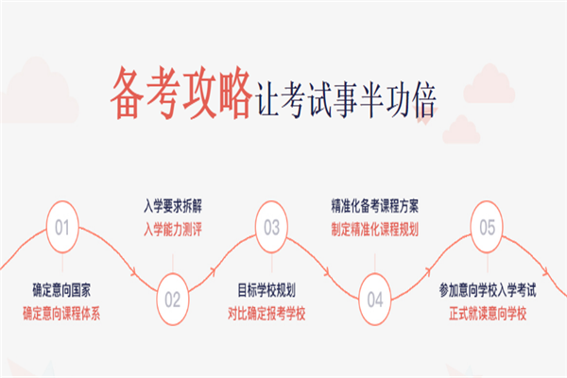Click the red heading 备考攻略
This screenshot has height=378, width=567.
click(180, 93)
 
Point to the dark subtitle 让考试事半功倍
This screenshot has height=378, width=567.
click(346, 99)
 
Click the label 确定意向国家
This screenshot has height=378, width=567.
click(61, 290)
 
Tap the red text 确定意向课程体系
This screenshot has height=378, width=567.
click(61, 313)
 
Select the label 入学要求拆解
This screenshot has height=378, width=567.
click(173, 206)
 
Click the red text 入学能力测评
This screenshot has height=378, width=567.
click(173, 229)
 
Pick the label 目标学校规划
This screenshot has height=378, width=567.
click(266, 290)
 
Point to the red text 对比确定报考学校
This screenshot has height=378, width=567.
click(266, 313)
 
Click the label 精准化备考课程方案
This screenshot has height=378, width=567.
click(374, 206)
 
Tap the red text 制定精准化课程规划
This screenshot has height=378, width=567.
click(374, 229)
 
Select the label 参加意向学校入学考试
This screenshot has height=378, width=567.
click(488, 290)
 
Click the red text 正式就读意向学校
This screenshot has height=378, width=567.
click(488, 313)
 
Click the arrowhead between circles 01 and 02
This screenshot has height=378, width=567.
click(134, 271)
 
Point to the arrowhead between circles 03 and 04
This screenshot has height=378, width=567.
click(327, 271)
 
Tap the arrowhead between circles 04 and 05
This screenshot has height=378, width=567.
click(428, 270)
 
